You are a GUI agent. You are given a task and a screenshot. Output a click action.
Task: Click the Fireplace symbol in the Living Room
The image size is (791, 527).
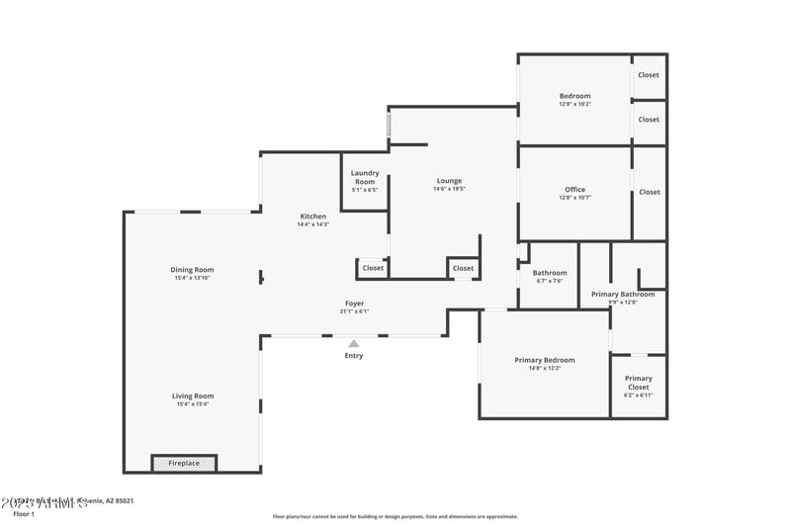(x=184, y=463)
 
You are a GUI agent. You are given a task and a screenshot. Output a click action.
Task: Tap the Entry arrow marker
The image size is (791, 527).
(x=353, y=343)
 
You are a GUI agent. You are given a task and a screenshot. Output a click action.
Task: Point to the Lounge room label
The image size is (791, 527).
(x=449, y=181)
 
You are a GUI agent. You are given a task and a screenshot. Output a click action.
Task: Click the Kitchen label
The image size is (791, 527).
(x=313, y=217)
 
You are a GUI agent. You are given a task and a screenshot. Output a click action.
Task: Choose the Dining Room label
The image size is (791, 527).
(x=192, y=270)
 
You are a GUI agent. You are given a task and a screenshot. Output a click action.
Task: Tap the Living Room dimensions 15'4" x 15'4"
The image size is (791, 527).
(x=192, y=404)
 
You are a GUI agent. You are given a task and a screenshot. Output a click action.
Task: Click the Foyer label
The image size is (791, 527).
(x=354, y=304)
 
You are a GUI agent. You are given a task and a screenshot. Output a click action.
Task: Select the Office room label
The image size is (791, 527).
(x=574, y=190)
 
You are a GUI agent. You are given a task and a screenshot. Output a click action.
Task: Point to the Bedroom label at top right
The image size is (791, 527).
(x=574, y=96)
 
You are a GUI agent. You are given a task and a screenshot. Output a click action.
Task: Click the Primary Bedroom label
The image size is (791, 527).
(x=544, y=360)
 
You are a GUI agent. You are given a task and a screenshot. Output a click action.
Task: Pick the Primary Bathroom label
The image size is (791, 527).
(x=623, y=295)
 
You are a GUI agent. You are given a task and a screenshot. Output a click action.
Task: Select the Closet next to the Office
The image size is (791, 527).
(x=649, y=192)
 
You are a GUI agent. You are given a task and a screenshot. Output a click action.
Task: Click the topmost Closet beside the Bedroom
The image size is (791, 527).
(x=648, y=75)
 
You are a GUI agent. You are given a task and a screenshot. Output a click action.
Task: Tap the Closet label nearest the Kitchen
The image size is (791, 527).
(x=373, y=268)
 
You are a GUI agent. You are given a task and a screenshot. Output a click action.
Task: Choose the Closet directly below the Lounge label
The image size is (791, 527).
(x=463, y=268)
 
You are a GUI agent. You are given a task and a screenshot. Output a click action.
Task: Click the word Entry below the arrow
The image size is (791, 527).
(x=353, y=356)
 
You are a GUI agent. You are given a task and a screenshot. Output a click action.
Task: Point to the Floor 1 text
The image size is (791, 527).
(x=23, y=514)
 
